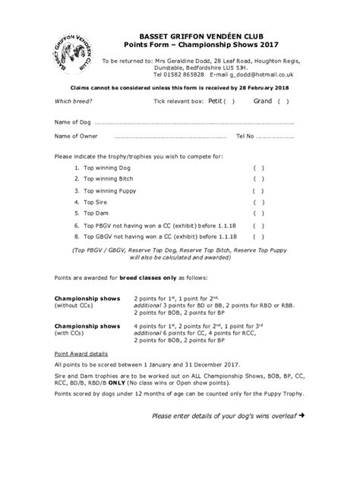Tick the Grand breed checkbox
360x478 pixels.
click(282, 101)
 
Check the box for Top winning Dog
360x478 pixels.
click(257, 167)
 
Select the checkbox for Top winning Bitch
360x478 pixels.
click(257, 179)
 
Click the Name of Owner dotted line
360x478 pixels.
click(160, 137)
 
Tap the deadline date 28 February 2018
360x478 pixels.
click(264, 88)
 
